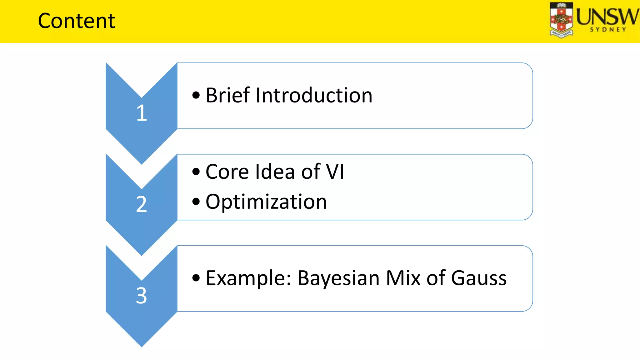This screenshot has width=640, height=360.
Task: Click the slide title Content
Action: [76, 21]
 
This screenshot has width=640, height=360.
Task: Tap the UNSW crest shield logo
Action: [561, 20]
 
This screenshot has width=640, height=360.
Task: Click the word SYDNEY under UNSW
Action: [608, 30]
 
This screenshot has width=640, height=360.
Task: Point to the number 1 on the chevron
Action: [142, 113]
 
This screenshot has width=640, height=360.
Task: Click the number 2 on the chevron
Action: [142, 204]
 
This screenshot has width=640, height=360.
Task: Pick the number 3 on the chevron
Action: [142, 296]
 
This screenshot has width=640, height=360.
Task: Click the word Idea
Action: [275, 172]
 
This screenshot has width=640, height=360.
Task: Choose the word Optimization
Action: [266, 202]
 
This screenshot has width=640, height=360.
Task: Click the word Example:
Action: [248, 278]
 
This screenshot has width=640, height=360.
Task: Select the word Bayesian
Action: [338, 278]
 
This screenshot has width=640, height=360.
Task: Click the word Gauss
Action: [479, 278]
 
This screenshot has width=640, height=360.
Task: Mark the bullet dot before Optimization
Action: [196, 202]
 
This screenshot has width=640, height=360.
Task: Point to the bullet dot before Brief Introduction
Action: [196, 95]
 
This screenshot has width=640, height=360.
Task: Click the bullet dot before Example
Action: [196, 278]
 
